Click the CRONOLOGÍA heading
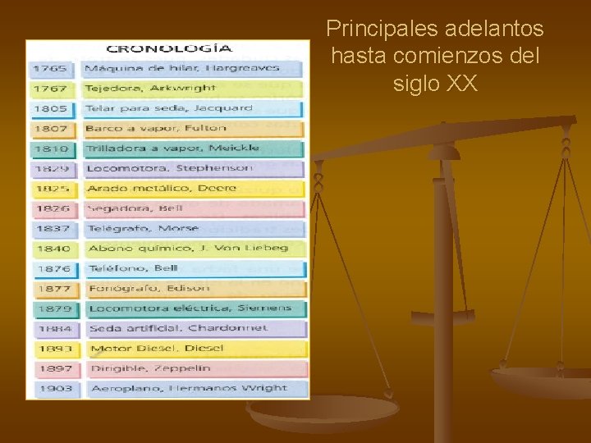pyautogui.click(x=169, y=49)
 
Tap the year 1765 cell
pyautogui.click(x=51, y=69)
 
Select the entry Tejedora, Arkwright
pyautogui.click(x=150, y=88)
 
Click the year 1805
pyautogui.click(x=51, y=108)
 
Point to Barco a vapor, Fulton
pyautogui.click(x=155, y=128)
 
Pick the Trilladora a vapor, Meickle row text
pyautogui.click(x=174, y=148)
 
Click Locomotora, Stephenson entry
pyautogui.click(x=171, y=168)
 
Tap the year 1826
pyautogui.click(x=53, y=208)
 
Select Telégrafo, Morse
pyautogui.click(x=144, y=228)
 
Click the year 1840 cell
pyautogui.click(x=54, y=249)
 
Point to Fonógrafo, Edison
pyautogui.click(x=149, y=289)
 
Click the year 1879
pyautogui.click(x=54, y=309)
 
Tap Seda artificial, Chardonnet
pyautogui.click(x=178, y=328)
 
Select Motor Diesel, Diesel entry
pyautogui.click(x=156, y=349)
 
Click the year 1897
pyautogui.click(x=55, y=369)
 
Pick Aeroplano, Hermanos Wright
pyautogui.click(x=189, y=388)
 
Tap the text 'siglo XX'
pyautogui.click(x=435, y=84)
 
